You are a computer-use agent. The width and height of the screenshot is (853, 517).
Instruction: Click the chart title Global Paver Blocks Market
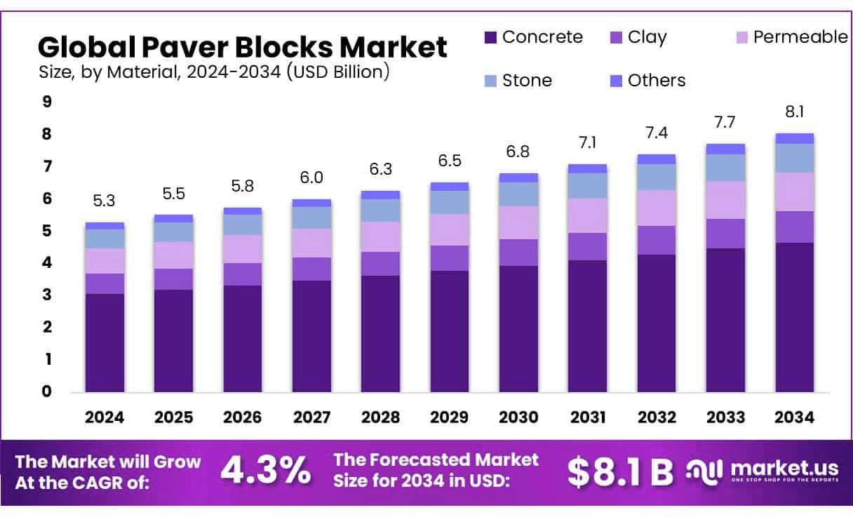click(x=242, y=47)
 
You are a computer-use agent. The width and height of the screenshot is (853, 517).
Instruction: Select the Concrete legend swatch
click(x=490, y=37)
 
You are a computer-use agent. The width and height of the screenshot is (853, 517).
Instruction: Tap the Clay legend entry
click(x=638, y=37)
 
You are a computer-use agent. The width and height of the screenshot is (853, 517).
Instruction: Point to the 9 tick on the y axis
click(x=47, y=102)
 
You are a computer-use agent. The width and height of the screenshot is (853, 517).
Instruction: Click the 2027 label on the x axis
click(x=311, y=417)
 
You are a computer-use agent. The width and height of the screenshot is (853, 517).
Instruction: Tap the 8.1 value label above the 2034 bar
click(x=794, y=112)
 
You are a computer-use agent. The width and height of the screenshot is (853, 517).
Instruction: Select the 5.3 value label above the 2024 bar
click(x=105, y=201)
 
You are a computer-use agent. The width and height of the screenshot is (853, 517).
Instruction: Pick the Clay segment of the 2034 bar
click(x=794, y=227)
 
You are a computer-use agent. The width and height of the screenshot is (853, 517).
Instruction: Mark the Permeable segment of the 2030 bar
click(x=518, y=222)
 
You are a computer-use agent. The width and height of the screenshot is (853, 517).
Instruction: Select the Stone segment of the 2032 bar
click(x=656, y=177)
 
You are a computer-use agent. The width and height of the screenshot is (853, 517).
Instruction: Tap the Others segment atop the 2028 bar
click(x=380, y=195)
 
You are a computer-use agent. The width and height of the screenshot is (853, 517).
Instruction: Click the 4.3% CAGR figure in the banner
click(x=266, y=471)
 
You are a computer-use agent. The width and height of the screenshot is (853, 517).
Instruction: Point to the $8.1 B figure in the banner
click(x=620, y=472)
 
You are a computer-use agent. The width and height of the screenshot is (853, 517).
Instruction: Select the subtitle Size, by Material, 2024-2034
click(x=214, y=72)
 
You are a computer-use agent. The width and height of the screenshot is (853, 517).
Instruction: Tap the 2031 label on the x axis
click(x=587, y=417)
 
